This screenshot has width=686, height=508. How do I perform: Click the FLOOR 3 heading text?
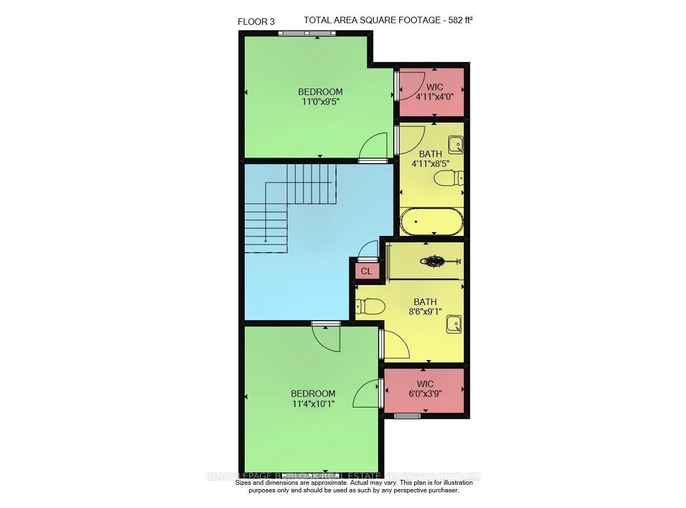point(256,22)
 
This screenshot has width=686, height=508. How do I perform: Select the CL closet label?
point(366,272)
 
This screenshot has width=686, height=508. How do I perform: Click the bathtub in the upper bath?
point(432,221)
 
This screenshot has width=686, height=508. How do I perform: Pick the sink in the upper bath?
point(456,144)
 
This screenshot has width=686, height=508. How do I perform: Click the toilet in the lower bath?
point(370,307)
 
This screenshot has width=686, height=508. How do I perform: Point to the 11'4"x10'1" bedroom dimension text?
point(313,403)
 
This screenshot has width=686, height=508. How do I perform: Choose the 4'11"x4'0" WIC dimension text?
point(434,97)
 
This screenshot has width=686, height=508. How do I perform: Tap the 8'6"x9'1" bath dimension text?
point(425,311)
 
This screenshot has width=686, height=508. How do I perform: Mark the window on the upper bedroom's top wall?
point(307,33)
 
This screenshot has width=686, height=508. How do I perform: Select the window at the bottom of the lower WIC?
point(407,416)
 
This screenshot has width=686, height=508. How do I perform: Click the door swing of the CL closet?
point(368,250)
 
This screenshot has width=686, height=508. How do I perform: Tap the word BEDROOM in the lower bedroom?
point(313,394)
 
